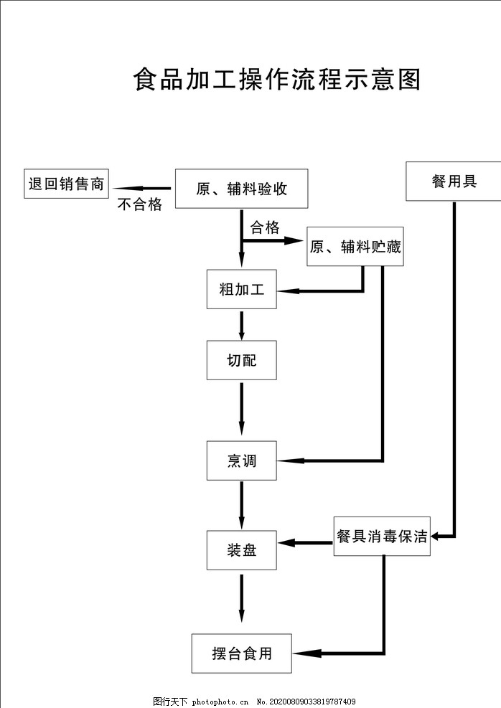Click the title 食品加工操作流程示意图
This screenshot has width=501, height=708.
pos(276,80)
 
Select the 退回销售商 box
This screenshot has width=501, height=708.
pos(67,184)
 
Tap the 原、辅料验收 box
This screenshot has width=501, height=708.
pos(241,189)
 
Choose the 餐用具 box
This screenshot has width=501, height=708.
pos(454,181)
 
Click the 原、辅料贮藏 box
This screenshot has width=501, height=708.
pos(355,247)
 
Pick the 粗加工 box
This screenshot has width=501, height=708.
pos(241,290)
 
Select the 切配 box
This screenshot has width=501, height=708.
pos(241,360)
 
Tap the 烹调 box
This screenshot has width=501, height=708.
pos(241,461)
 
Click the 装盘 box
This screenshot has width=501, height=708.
pos(241,550)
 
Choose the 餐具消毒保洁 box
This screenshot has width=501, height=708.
pos(382,537)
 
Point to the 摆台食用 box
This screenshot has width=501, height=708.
pos(241,653)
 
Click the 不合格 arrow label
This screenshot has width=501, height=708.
pos(139,204)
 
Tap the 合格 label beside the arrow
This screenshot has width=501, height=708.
pos(264,227)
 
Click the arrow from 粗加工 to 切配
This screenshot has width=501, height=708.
pos(241,324)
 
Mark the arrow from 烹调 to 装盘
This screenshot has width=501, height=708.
pos(241,505)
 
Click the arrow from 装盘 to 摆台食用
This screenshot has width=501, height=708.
pos(241,597)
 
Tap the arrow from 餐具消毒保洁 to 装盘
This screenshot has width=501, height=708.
pos(305,543)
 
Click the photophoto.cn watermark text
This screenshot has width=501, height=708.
pos(222,702)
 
